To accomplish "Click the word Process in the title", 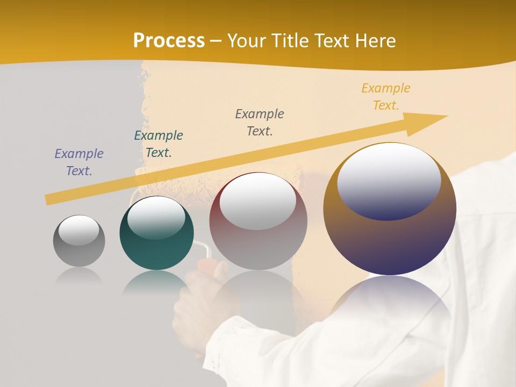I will point(169,40).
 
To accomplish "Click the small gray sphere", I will point(79,247).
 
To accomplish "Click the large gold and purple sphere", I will point(390,236).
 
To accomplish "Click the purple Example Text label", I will point(79,162).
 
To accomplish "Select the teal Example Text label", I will point(159,144).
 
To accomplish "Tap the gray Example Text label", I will point(260,123).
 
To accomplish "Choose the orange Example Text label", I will point(386,97).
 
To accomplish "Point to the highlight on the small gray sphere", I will point(78,230).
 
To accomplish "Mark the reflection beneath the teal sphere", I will point(156,282).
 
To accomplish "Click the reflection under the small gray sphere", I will point(79,276).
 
